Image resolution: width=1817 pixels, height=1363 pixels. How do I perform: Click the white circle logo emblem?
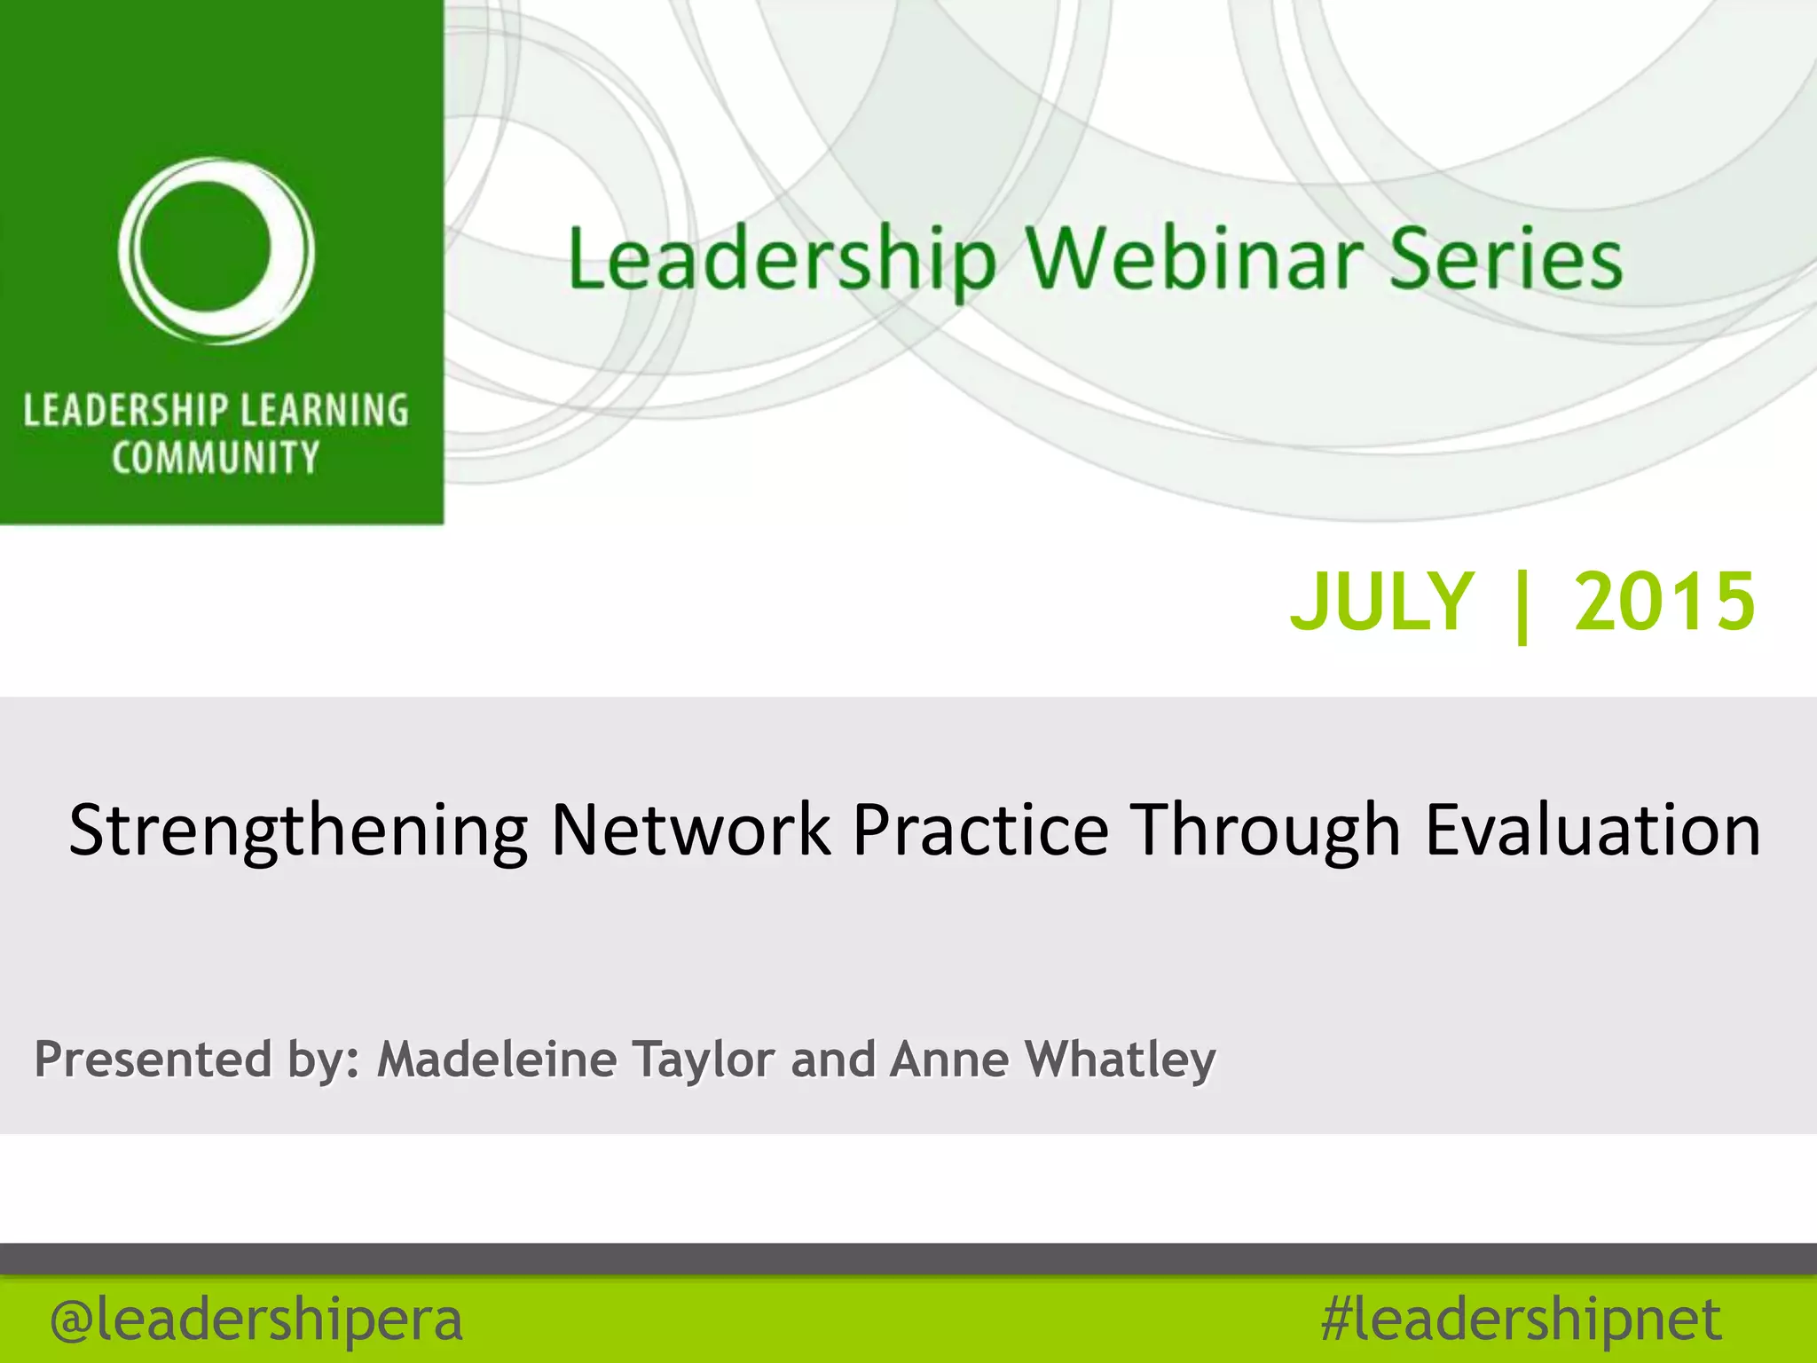click(216, 251)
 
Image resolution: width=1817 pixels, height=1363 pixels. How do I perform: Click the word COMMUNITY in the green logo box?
click(216, 458)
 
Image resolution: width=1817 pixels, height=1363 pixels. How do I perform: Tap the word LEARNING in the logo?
click(324, 411)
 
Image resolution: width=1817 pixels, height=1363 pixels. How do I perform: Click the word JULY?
click(1381, 602)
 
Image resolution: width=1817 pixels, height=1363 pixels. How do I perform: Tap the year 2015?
click(1664, 602)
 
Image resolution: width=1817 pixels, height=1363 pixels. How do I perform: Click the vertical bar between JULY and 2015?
click(1523, 605)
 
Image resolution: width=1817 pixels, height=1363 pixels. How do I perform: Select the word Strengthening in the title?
click(298, 831)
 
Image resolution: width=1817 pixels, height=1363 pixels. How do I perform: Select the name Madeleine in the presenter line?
click(497, 1059)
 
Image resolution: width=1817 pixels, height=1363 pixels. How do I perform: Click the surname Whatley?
click(1120, 1060)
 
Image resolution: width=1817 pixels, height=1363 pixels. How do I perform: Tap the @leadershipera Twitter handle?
click(256, 1320)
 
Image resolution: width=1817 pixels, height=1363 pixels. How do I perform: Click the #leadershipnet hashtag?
click(1521, 1320)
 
